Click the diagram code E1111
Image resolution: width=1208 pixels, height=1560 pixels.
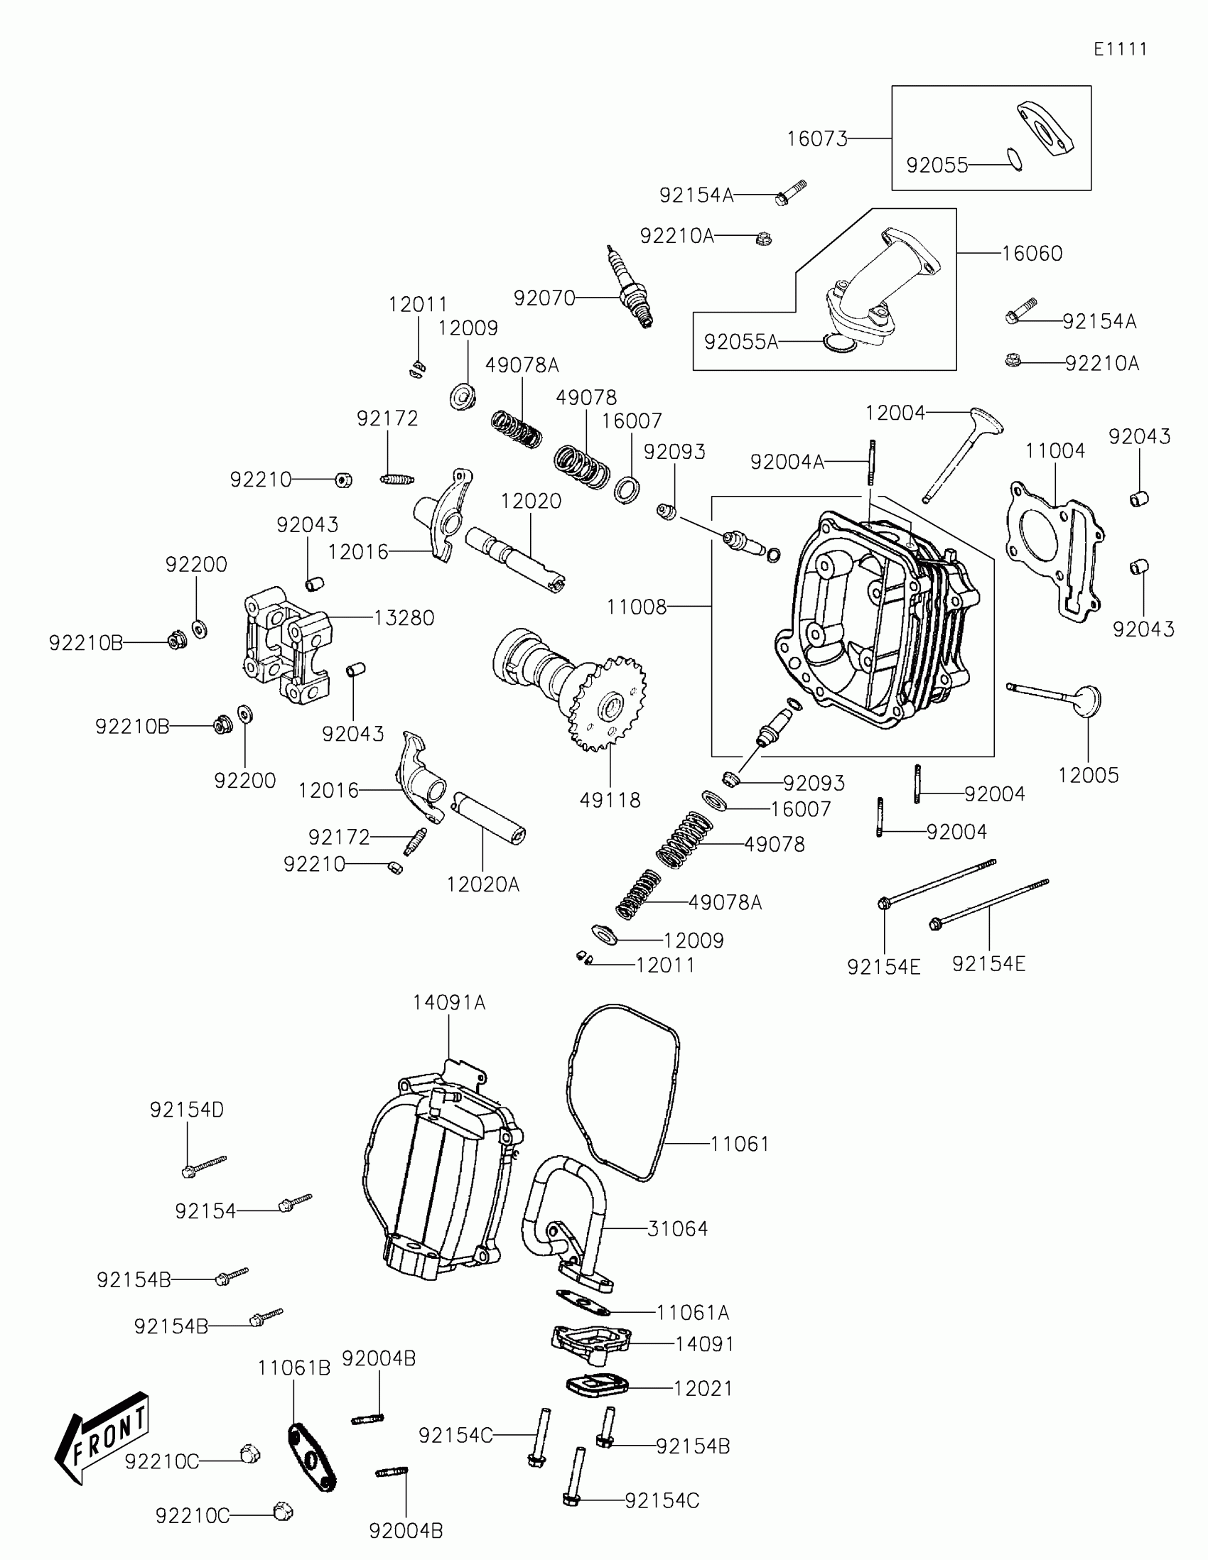click(1120, 49)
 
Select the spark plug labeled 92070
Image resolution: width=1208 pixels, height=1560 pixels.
click(630, 287)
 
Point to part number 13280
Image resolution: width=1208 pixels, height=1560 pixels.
click(404, 618)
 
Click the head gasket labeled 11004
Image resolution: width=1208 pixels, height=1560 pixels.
click(1055, 550)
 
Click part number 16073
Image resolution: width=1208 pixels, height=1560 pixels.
click(816, 139)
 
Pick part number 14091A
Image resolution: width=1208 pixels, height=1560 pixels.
click(448, 1002)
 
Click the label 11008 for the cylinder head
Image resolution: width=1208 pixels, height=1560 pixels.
click(636, 607)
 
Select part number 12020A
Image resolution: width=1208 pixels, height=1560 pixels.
click(483, 884)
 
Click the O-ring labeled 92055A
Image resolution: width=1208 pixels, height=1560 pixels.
click(838, 343)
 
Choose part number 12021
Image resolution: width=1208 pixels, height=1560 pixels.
click(703, 1389)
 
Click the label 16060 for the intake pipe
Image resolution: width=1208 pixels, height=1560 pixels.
click(1032, 254)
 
